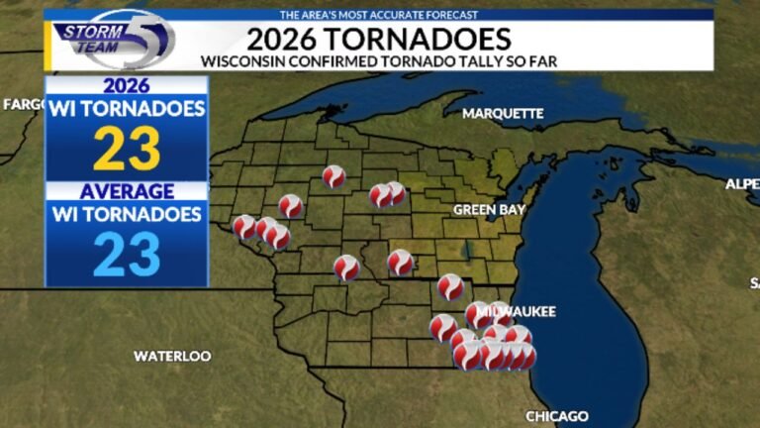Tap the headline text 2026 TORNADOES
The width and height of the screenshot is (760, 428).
tap(379, 39)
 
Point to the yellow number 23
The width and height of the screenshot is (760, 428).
tap(127, 150)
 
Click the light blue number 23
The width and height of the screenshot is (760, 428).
tap(127, 255)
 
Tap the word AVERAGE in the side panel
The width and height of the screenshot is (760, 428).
tap(127, 190)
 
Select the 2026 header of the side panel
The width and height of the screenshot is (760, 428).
tap(127, 85)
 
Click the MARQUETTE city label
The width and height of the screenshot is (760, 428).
tap(503, 113)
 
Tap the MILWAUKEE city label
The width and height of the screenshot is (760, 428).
tap(516, 312)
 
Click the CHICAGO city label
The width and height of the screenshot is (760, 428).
tap(557, 416)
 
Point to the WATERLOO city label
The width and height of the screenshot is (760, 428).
tap(172, 356)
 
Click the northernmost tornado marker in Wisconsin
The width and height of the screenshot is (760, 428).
tap(333, 176)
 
